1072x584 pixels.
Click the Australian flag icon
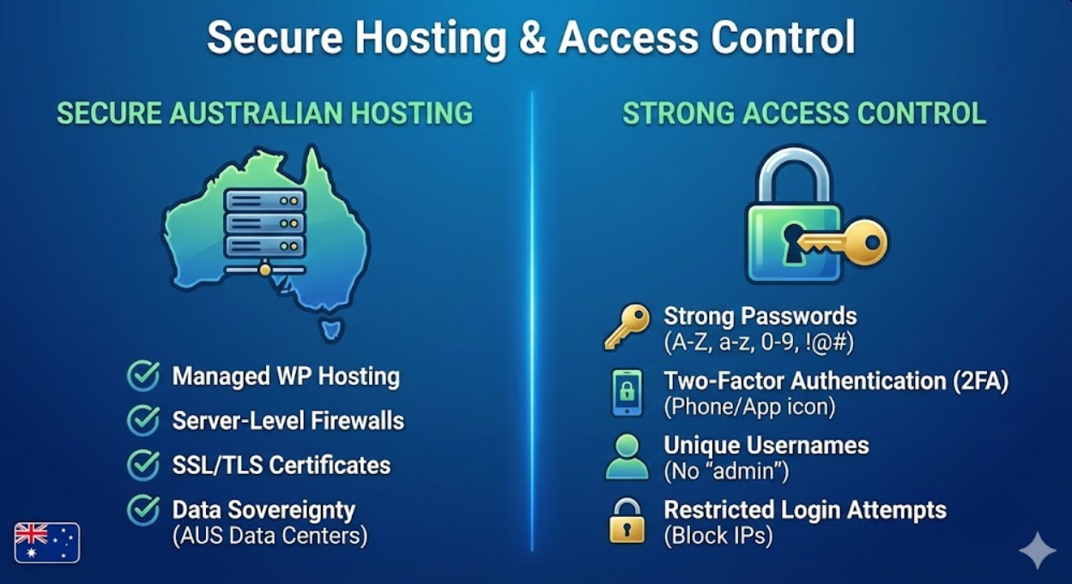(46, 542)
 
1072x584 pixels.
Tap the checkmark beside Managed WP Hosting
(142, 376)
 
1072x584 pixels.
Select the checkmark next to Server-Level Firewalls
(142, 421)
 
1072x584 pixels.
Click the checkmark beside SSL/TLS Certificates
(142, 465)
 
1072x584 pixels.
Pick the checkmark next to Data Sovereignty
(142, 509)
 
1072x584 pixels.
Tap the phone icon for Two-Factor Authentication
(627, 392)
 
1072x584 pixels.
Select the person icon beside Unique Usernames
(627, 457)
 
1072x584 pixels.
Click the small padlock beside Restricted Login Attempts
(627, 521)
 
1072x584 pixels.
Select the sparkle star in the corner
(1037, 550)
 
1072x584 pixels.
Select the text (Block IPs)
(718, 536)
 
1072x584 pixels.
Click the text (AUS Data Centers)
(270, 536)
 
